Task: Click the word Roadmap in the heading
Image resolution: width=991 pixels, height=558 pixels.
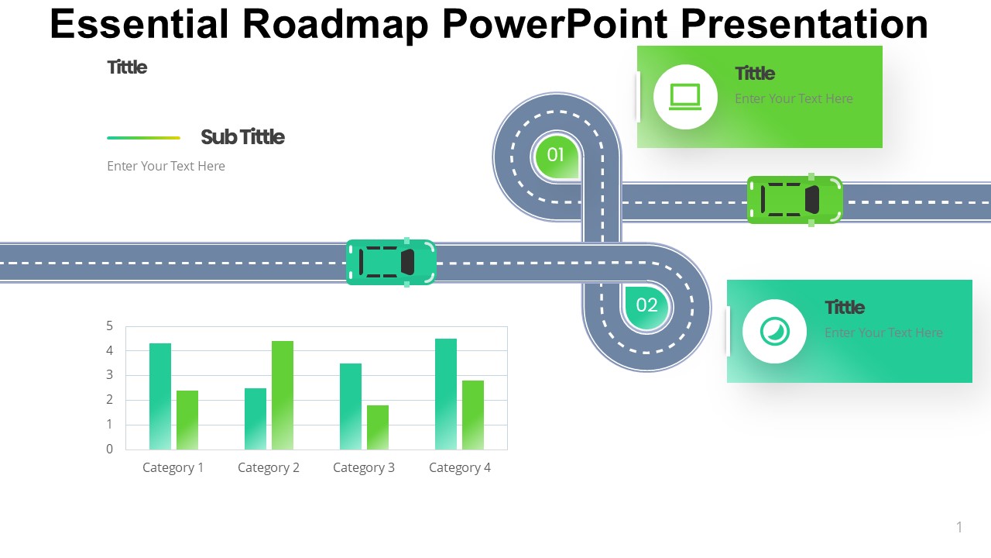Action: click(336, 25)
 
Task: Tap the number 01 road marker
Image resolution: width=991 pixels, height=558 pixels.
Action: click(556, 156)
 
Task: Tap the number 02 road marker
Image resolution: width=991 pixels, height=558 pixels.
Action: click(646, 306)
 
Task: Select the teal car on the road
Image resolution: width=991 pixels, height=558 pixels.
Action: click(391, 262)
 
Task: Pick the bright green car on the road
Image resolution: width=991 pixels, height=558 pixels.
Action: click(794, 200)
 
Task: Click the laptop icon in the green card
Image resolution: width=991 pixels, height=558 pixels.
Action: click(685, 97)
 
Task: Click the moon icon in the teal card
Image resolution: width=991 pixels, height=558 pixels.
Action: click(775, 331)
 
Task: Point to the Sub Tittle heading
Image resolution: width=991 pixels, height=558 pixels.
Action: click(242, 137)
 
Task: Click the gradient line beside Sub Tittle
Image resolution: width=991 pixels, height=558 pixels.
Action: click(144, 138)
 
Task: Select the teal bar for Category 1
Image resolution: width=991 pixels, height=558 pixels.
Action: click(160, 396)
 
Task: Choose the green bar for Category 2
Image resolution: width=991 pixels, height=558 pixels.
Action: click(283, 395)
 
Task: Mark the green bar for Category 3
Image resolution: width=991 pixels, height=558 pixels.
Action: click(378, 427)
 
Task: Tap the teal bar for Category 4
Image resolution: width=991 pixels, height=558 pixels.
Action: click(446, 394)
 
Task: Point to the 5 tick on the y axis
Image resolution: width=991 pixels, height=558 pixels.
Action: click(110, 326)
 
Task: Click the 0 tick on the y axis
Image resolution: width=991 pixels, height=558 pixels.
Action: click(110, 449)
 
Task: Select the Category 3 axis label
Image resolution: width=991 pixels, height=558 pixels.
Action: click(364, 467)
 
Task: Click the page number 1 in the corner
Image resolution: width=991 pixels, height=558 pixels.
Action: click(959, 527)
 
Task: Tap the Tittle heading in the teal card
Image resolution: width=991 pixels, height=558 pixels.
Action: click(845, 308)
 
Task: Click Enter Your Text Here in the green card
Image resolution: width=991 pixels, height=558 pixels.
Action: click(794, 98)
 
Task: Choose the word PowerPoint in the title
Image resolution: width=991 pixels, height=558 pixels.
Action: click(555, 25)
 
